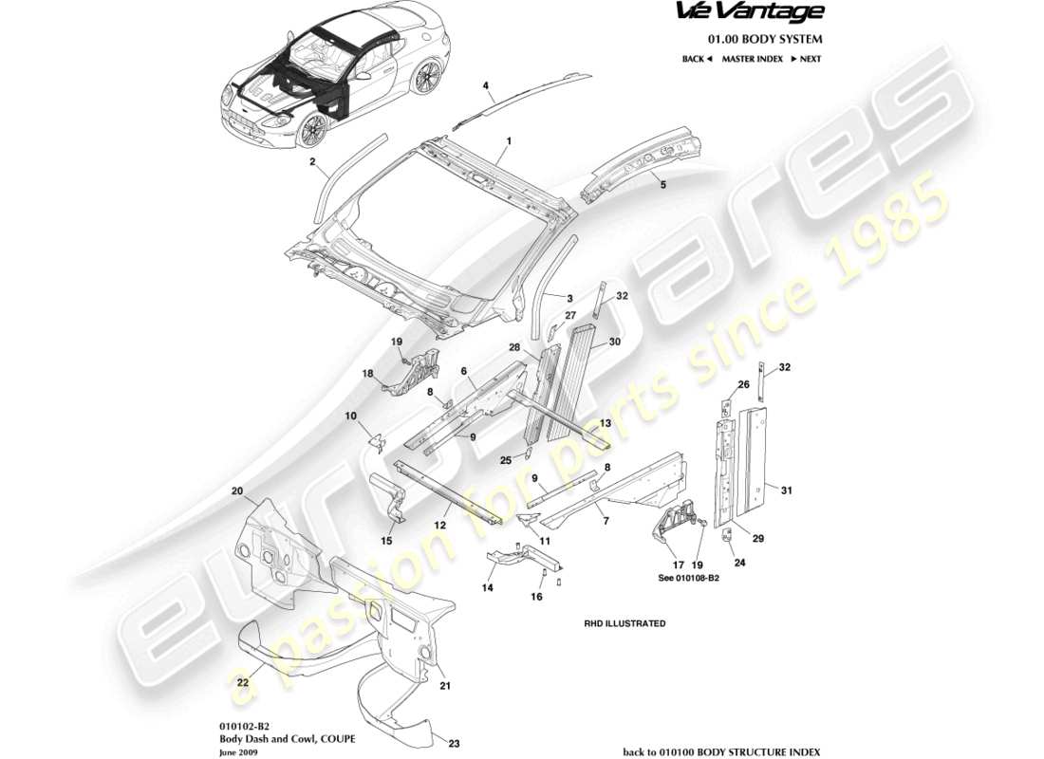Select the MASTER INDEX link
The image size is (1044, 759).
click(752, 59)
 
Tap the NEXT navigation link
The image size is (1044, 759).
click(806, 59)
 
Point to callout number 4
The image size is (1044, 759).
click(486, 85)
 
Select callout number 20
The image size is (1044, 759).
click(237, 491)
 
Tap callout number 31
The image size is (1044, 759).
click(784, 490)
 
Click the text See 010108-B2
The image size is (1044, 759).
click(688, 577)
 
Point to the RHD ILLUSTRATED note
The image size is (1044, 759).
click(624, 623)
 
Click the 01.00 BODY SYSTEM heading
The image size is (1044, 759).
click(765, 39)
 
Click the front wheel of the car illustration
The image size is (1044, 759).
click(310, 130)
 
